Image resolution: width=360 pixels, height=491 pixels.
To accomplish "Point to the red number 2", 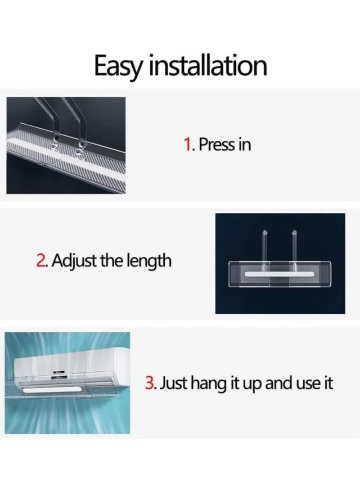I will point(40,260).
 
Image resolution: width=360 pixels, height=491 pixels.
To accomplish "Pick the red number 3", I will point(149,385).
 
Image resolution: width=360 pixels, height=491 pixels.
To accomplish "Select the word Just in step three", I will point(173,385).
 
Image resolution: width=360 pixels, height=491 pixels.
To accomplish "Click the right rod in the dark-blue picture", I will point(294,245).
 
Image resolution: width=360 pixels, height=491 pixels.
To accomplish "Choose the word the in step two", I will point(118,260).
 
